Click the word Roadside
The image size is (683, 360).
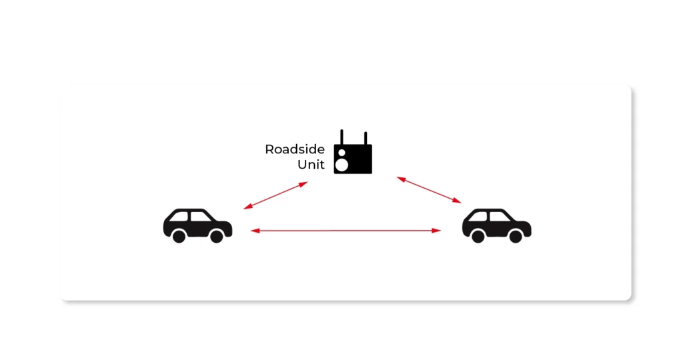point(295,149)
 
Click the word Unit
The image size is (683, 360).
point(311,165)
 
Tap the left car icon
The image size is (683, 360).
point(197,225)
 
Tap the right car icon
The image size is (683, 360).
point(496,225)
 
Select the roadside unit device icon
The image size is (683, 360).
point(353,159)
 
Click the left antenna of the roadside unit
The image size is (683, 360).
point(341,137)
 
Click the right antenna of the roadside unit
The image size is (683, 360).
point(365,137)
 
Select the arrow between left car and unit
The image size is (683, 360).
point(275,195)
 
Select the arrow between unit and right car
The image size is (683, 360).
point(429,189)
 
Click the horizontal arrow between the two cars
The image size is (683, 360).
point(346,231)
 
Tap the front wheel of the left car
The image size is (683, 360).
point(217,236)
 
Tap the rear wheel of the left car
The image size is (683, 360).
point(179,236)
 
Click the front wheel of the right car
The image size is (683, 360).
point(516,236)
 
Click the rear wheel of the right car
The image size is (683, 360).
point(478,236)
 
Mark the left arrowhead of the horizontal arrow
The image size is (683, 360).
point(254,231)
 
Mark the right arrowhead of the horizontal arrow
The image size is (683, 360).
point(437,231)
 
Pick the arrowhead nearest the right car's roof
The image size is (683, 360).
point(458,200)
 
